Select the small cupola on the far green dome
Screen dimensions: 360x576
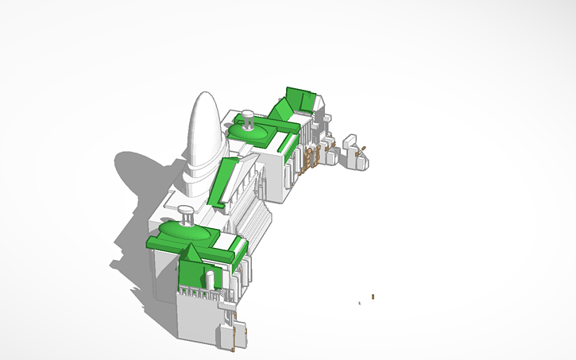tap(249, 120)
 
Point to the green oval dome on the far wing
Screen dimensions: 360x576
tap(253, 132)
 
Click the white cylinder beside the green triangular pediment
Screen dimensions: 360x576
tap(210, 279)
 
